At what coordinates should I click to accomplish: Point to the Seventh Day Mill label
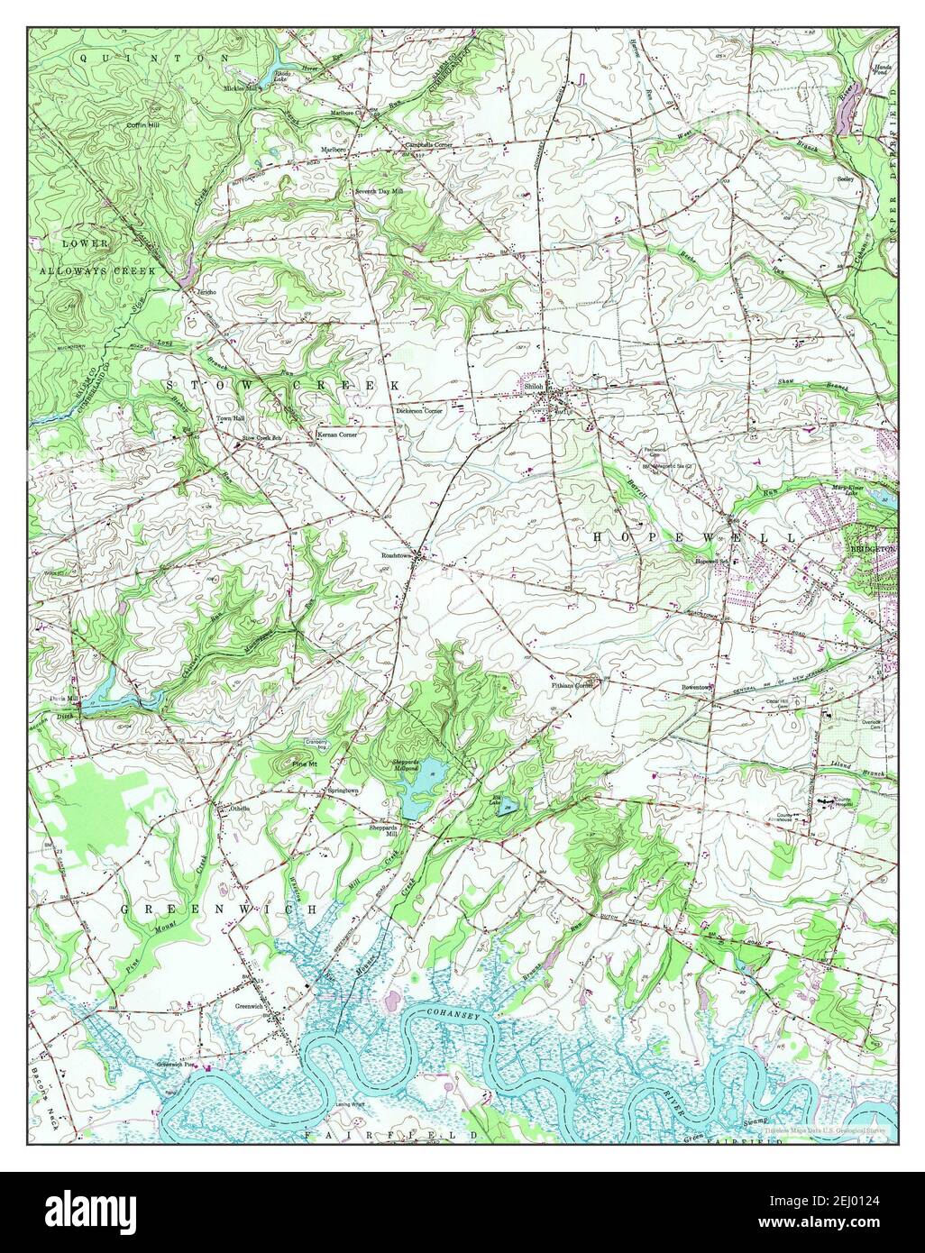(378, 192)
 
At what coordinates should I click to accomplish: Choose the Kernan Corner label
(336, 434)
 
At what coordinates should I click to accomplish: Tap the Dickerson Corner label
(419, 410)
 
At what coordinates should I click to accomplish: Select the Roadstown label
(396, 556)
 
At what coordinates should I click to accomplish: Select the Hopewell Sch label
(710, 562)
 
